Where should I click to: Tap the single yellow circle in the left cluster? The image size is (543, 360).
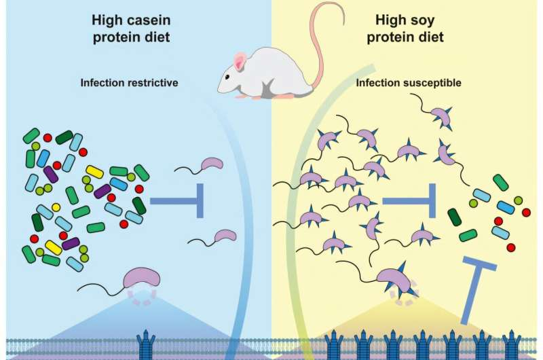pos(56,207)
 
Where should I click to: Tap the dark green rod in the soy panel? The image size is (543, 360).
pos(454,217)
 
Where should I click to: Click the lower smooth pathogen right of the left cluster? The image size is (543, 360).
pos(225,236)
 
